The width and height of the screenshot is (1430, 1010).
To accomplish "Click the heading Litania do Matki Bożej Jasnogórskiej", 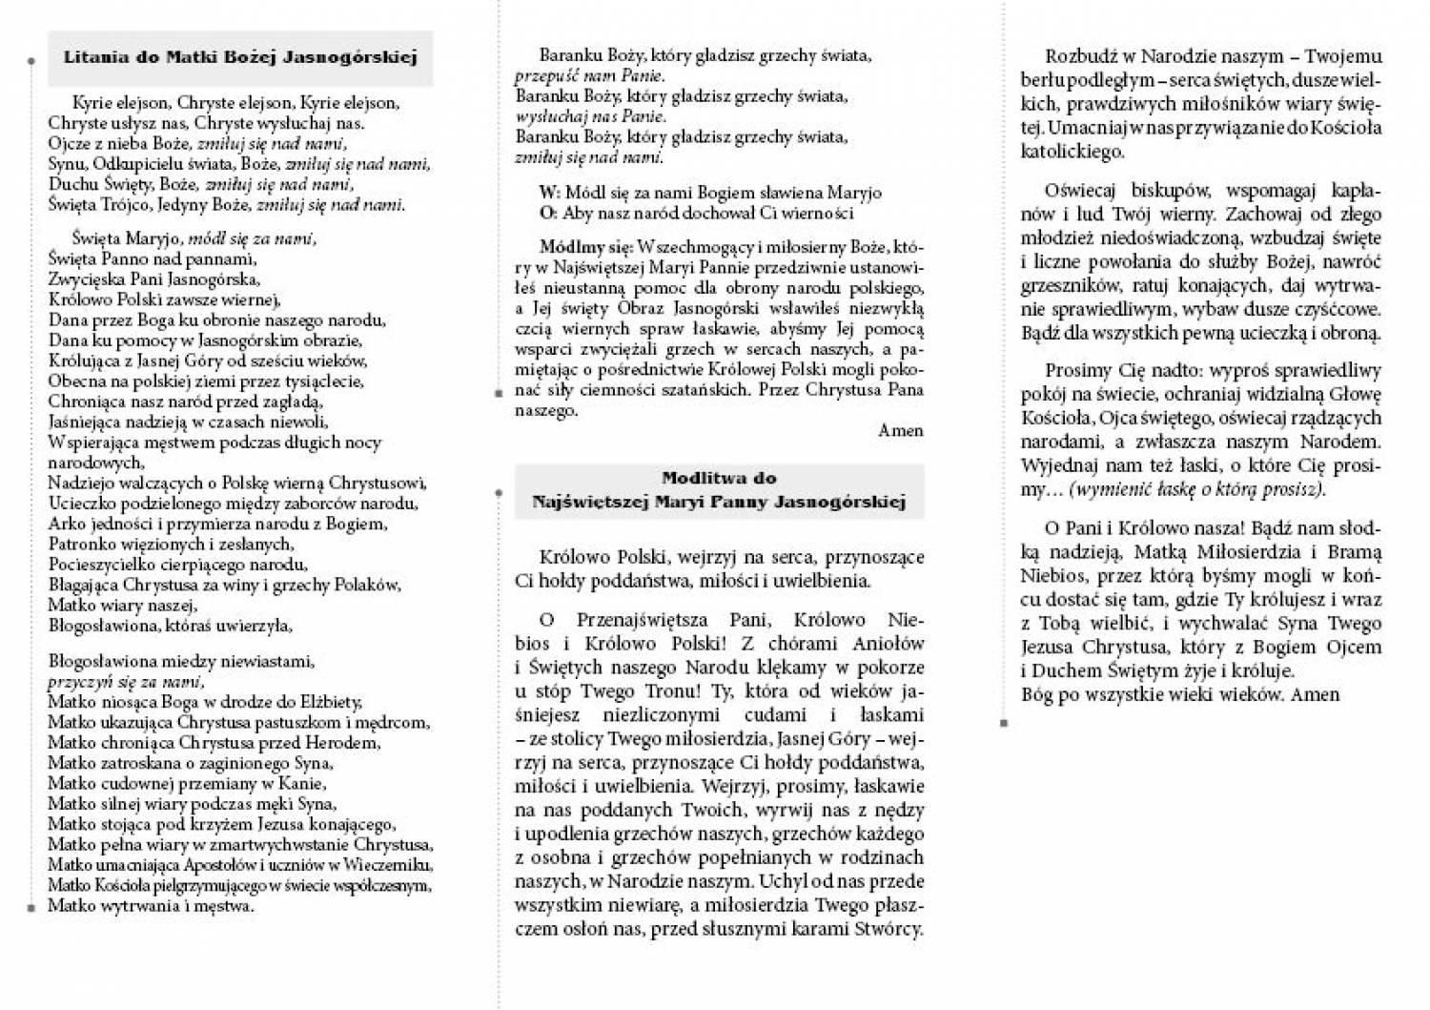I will [x=240, y=57].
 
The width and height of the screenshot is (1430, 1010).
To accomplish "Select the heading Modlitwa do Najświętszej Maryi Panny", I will [x=719, y=490].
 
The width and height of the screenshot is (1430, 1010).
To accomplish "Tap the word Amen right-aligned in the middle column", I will [x=900, y=431].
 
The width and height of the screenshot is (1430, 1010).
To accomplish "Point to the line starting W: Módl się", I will [x=709, y=193].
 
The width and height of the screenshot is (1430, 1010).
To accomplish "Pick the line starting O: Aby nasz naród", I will [x=696, y=214].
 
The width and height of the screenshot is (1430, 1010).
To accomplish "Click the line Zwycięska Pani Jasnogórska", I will [x=153, y=279].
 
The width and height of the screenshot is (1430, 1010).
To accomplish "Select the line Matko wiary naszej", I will [x=122, y=606].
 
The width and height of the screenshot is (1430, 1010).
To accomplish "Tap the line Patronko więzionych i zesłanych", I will [x=171, y=545].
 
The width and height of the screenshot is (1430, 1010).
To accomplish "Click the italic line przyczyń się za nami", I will [x=124, y=682].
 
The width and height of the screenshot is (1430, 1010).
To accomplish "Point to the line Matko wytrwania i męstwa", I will [x=151, y=906].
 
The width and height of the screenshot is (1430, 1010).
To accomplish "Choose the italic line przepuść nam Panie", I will [x=589, y=76].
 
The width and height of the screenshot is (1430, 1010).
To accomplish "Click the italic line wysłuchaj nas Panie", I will [x=590, y=117].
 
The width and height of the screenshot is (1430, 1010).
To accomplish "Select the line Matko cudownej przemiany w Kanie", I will [x=187, y=784].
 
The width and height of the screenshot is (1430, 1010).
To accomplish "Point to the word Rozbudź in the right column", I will [x=1081, y=56].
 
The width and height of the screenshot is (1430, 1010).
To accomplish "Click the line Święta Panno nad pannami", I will [x=152, y=258].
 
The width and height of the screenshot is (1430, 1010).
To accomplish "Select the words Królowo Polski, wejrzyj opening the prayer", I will [x=639, y=557].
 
